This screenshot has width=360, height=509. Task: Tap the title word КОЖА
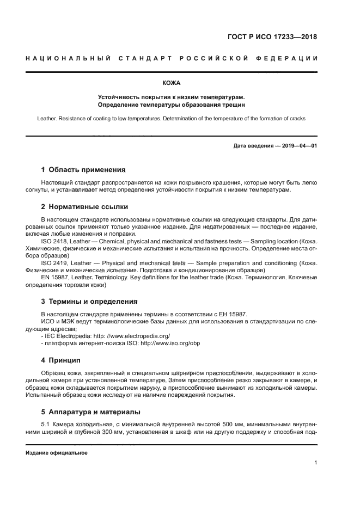click(172, 83)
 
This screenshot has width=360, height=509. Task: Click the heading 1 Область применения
click(83, 169)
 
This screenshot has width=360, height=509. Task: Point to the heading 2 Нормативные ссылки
click(84, 207)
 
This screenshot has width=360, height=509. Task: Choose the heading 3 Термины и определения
click(89, 301)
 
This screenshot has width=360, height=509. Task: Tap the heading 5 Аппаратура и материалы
click(91, 412)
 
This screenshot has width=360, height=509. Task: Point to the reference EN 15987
click(54, 278)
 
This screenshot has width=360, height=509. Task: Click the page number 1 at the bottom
click(315, 463)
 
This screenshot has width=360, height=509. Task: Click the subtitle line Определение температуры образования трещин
click(172, 103)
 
